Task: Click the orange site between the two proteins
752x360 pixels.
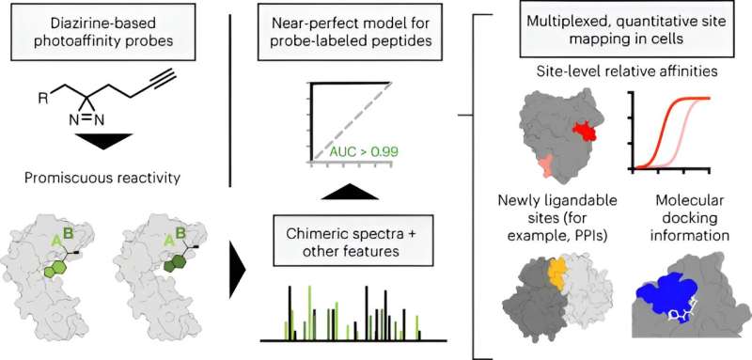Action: tap(558, 273)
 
